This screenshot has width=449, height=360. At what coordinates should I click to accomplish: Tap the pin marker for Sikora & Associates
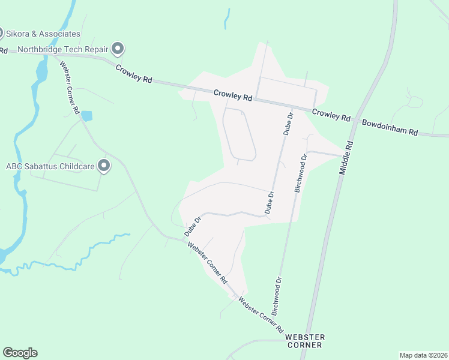1,33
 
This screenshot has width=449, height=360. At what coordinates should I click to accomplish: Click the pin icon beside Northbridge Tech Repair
118,47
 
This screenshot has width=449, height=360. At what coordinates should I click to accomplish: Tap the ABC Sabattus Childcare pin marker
104,166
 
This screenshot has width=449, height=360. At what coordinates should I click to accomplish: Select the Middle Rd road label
346,157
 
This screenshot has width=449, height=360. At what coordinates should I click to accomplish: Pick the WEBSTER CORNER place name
305,341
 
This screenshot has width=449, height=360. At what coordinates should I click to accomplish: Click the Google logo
20,353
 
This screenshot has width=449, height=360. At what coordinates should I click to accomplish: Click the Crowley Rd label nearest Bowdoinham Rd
331,115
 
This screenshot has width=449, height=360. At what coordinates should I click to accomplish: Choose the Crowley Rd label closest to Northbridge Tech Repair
134,76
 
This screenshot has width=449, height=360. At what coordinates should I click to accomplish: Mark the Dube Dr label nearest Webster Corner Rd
191,227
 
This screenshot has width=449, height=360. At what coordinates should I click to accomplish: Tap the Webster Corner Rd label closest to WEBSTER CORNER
261,314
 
